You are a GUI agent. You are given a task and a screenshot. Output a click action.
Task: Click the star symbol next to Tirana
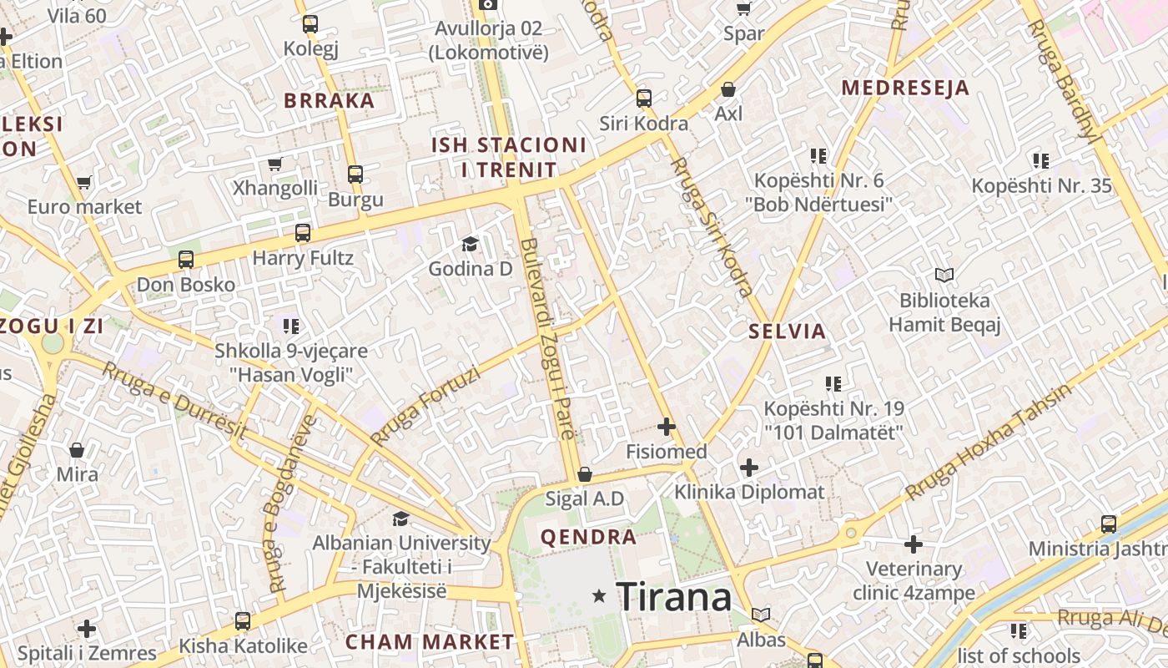tap(598, 596)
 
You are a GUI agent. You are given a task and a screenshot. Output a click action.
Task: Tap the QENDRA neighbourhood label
tap(589, 537)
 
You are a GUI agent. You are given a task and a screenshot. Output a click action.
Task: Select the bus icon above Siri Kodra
tap(643, 99)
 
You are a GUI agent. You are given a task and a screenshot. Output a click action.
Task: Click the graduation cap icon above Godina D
tap(470, 244)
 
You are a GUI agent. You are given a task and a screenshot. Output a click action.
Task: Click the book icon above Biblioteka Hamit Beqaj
tap(944, 275)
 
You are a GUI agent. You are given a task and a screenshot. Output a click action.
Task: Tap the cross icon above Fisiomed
tap(666, 428)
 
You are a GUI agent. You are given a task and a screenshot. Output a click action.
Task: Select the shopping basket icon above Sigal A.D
tap(584, 474)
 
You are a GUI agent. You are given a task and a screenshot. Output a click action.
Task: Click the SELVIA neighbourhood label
tap(787, 331)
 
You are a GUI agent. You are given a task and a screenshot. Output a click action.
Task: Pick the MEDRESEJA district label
tap(905, 88)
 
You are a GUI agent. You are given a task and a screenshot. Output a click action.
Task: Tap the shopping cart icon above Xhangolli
tap(274, 163)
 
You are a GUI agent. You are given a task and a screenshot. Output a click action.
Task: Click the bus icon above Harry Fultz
tap(303, 233)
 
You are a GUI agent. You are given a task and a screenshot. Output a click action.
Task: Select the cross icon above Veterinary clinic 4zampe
tap(914, 544)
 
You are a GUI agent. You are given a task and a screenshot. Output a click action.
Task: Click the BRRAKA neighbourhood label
tap(329, 101)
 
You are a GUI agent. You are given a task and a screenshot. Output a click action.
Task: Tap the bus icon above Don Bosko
tap(185, 260)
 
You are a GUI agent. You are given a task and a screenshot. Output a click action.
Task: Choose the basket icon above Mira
tap(77, 450)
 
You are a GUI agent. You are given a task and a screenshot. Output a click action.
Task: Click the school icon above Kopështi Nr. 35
tap(1040, 160)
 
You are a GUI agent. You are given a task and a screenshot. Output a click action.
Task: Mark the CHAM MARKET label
tap(430, 642)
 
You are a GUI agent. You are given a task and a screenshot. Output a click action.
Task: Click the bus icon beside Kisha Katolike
tap(242, 621)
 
